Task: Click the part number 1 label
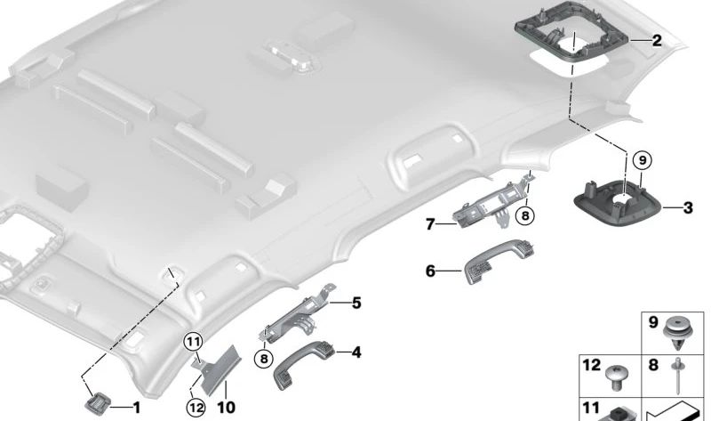(x=136, y=408)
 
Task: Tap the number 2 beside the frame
(x=656, y=40)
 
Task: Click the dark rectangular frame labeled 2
(x=573, y=40)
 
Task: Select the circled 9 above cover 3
(x=642, y=161)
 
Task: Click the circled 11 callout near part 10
(x=194, y=339)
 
